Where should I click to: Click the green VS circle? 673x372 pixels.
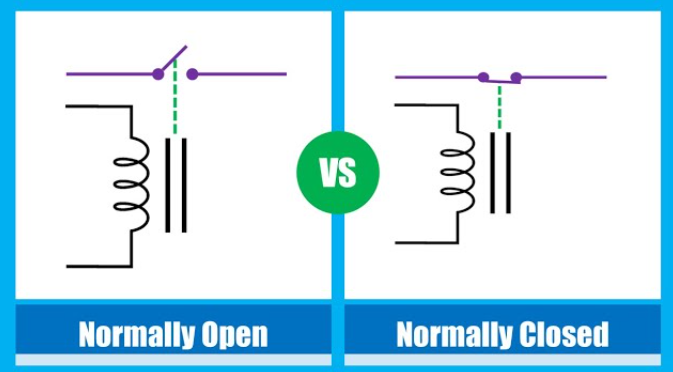(x=338, y=172)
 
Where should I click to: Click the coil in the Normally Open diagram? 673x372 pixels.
(x=132, y=184)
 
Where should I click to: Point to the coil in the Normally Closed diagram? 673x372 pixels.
(x=458, y=171)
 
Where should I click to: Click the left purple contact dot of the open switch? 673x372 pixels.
(x=158, y=74)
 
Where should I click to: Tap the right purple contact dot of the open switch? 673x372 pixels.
(x=192, y=74)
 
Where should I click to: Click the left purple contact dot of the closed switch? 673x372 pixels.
(x=483, y=77)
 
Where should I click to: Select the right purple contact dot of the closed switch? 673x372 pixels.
(x=516, y=78)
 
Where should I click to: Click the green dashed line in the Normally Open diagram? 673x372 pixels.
(x=175, y=97)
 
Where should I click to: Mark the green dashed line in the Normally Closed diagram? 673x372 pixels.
(x=499, y=107)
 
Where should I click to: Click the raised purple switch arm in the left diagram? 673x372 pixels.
(x=173, y=60)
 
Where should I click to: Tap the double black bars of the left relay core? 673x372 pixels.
(x=176, y=185)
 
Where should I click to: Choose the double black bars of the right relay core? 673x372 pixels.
(x=500, y=172)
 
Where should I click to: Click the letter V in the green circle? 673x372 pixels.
(x=327, y=173)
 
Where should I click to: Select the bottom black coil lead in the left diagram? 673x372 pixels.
(x=99, y=266)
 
